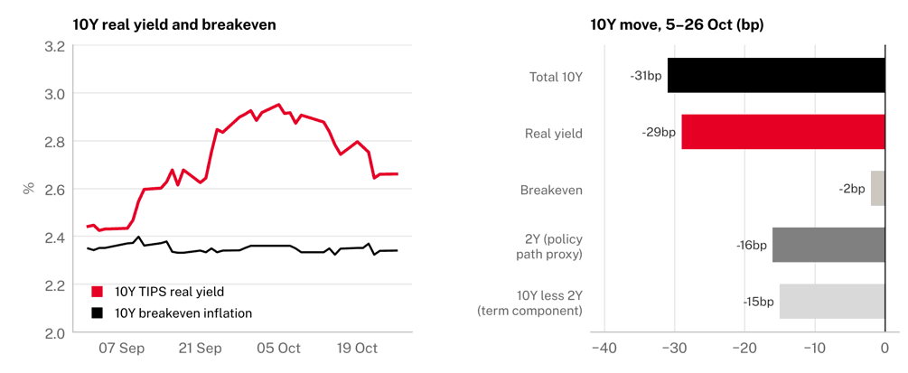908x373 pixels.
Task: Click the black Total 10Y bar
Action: pyautogui.click(x=776, y=75)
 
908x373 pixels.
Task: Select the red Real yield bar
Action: pyautogui.click(x=783, y=132)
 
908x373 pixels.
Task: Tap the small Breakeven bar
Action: pyautogui.click(x=878, y=188)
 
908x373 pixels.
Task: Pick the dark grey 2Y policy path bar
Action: pyautogui.click(x=828, y=245)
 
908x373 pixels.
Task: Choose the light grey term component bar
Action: pyautogui.click(x=832, y=301)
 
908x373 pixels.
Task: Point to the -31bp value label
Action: pyautogui.click(x=645, y=76)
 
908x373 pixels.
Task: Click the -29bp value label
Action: pyautogui.click(x=659, y=132)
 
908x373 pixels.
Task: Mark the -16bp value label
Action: pyautogui.click(x=751, y=245)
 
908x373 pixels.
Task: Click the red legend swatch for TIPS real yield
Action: pyautogui.click(x=98, y=291)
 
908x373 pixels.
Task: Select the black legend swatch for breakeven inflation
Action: pyautogui.click(x=98, y=312)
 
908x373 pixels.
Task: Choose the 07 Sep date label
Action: pyautogui.click(x=122, y=348)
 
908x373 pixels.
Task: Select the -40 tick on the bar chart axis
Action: pyautogui.click(x=604, y=348)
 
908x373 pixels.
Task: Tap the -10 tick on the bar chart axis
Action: pyautogui.click(x=814, y=348)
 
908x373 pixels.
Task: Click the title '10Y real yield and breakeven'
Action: pyautogui.click(x=174, y=25)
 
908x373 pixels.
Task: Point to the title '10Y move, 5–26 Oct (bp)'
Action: pyautogui.click(x=677, y=25)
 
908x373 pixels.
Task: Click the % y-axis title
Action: pyautogui.click(x=28, y=188)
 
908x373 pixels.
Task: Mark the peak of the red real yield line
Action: pyautogui.click(x=279, y=104)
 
